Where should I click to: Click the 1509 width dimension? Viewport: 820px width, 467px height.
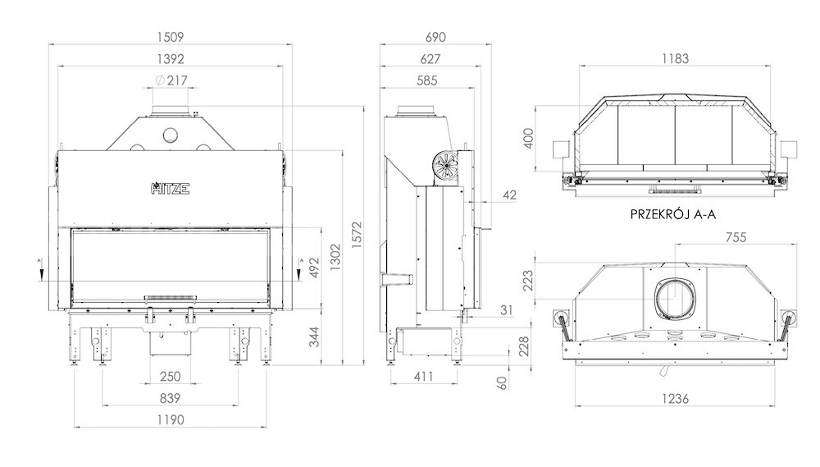pyautogui.click(x=171, y=37)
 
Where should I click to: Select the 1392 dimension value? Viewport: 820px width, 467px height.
pyautogui.click(x=171, y=59)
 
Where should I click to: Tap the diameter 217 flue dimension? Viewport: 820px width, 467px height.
pyautogui.click(x=171, y=80)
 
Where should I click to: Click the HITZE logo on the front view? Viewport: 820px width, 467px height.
pyautogui.click(x=171, y=189)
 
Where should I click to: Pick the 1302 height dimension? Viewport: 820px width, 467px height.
pyautogui.click(x=335, y=257)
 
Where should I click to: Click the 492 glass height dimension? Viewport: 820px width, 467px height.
pyautogui.click(x=314, y=268)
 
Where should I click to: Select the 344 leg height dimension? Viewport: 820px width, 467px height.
pyautogui.click(x=314, y=337)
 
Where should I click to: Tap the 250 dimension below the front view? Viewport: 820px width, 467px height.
pyautogui.click(x=171, y=377)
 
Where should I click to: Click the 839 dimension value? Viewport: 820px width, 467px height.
pyautogui.click(x=171, y=398)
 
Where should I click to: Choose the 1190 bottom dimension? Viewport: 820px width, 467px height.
pyautogui.click(x=171, y=420)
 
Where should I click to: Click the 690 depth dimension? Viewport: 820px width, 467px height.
pyautogui.click(x=435, y=37)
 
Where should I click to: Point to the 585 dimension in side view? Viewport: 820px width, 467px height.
pyautogui.click(x=426, y=80)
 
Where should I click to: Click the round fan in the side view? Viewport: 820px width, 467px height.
pyautogui.click(x=445, y=166)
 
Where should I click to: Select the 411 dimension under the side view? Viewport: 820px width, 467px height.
pyautogui.click(x=424, y=377)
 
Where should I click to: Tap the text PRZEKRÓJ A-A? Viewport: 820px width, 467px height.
pyautogui.click(x=673, y=214)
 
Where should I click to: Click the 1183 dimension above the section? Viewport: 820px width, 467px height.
pyautogui.click(x=675, y=59)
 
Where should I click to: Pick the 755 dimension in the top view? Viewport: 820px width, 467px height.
pyautogui.click(x=736, y=238)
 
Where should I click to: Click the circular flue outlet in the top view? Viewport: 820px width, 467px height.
pyautogui.click(x=675, y=299)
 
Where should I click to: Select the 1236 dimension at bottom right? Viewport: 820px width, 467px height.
pyautogui.click(x=675, y=399)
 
